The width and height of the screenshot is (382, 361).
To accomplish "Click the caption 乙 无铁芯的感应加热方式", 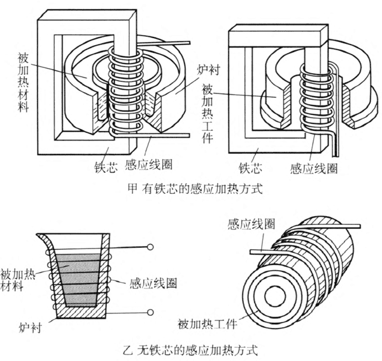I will click(191, 349).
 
